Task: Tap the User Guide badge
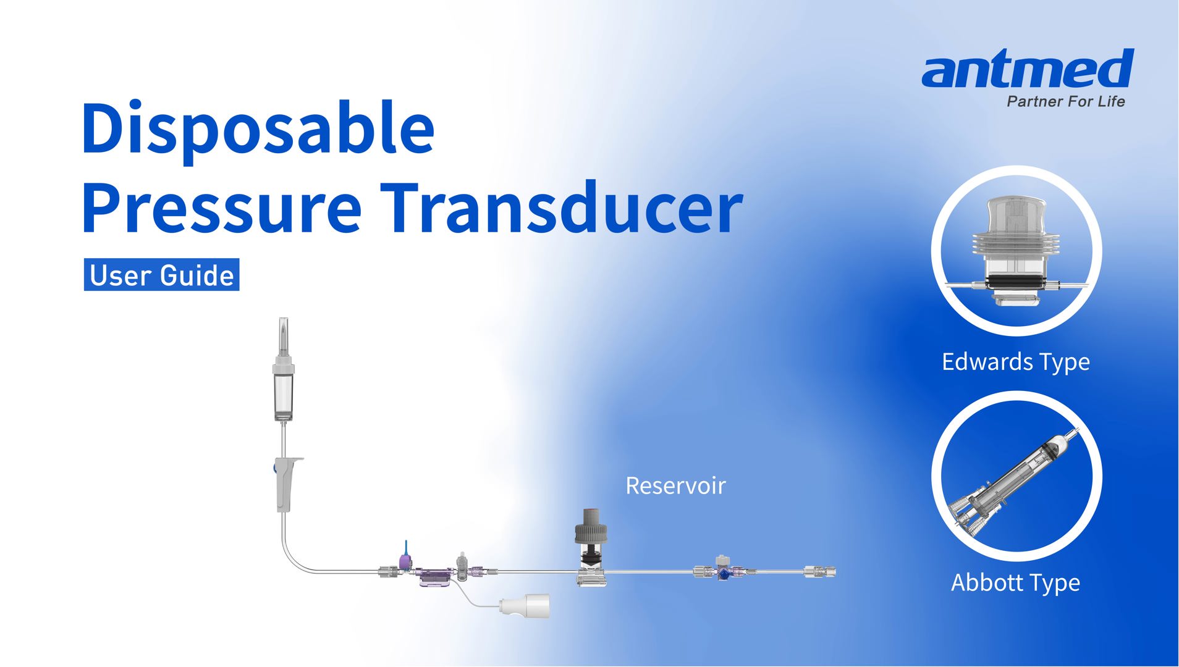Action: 161,275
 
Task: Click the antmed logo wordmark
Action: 1028,69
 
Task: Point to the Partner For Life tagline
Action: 1065,102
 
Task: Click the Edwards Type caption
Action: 1015,362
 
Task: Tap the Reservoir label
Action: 675,486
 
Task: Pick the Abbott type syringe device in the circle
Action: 1016,485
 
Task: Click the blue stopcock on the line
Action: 722,573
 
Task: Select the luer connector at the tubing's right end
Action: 820,573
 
